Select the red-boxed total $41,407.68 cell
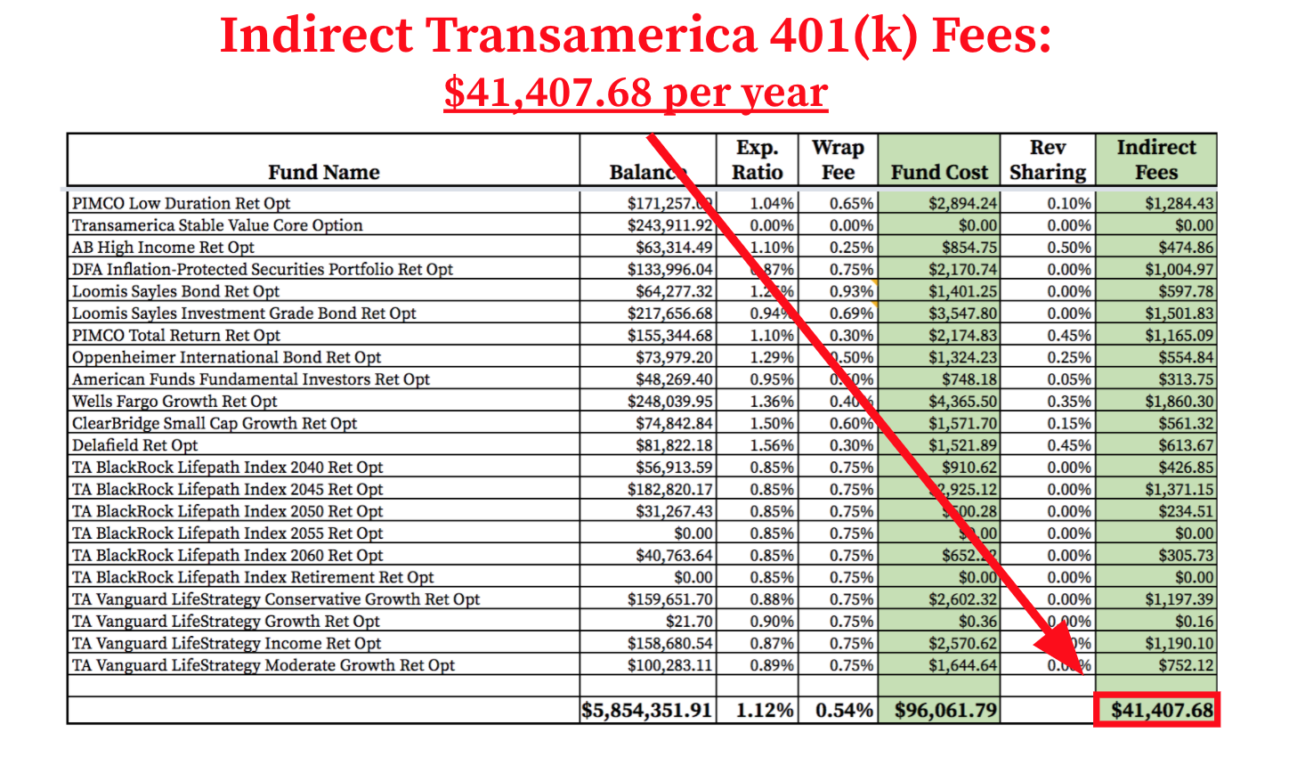pos(1156,710)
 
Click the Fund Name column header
pos(324,172)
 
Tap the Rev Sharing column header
pos(1048,160)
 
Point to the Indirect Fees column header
pos(1156,160)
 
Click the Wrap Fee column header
pos(838,160)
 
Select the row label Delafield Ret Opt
pos(135,445)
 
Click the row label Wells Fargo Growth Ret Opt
pos(174,402)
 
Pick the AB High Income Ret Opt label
pos(163,248)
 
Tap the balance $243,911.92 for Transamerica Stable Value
pos(669,225)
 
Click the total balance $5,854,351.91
pos(647,710)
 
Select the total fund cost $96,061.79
pos(945,710)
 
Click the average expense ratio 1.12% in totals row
pos(765,710)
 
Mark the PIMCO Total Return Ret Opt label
pos(176,336)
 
